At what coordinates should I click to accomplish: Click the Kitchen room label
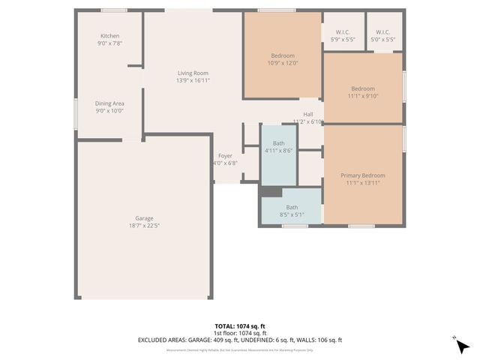click(109, 36)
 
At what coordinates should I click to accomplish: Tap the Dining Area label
click(109, 103)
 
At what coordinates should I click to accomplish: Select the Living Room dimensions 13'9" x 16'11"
click(193, 80)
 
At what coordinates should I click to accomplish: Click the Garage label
click(144, 217)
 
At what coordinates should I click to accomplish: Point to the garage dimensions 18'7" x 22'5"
click(144, 225)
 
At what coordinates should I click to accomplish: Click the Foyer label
click(225, 156)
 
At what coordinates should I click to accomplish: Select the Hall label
click(307, 114)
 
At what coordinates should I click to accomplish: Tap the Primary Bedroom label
click(363, 175)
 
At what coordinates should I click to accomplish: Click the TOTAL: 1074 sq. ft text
click(240, 326)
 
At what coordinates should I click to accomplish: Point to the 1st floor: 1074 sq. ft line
click(240, 333)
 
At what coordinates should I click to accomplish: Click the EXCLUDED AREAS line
click(240, 340)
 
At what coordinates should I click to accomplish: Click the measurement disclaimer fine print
click(240, 349)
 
